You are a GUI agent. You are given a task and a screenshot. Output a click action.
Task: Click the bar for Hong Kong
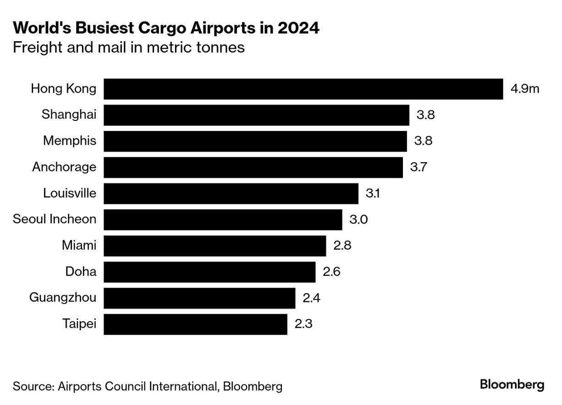click(x=303, y=89)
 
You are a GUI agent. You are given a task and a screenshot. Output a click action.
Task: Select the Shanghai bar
click(x=256, y=115)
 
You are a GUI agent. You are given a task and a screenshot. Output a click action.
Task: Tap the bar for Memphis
click(x=255, y=141)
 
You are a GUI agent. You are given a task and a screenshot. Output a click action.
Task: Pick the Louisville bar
click(x=231, y=194)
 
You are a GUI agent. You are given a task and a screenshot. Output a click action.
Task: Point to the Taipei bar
click(x=195, y=324)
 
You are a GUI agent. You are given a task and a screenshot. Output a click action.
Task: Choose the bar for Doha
click(x=209, y=272)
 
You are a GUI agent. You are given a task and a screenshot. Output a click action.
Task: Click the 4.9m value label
click(x=525, y=89)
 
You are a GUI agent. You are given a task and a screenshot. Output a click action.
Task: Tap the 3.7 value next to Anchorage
click(x=419, y=167)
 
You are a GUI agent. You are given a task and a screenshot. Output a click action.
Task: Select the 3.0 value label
click(x=358, y=220)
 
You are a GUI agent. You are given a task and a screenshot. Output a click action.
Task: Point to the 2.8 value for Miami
click(x=342, y=246)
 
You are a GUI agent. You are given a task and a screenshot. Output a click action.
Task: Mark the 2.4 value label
click(x=311, y=298)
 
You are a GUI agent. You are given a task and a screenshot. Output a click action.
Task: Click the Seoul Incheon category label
click(x=55, y=219)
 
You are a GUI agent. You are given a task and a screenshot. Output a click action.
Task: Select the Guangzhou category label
click(x=63, y=298)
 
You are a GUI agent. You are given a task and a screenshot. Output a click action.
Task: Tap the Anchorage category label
click(x=64, y=167)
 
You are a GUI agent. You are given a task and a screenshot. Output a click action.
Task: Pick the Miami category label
click(x=79, y=246)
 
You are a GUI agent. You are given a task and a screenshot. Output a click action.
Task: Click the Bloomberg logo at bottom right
click(x=512, y=385)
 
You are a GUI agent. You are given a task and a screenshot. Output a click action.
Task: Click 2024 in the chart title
click(x=298, y=29)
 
